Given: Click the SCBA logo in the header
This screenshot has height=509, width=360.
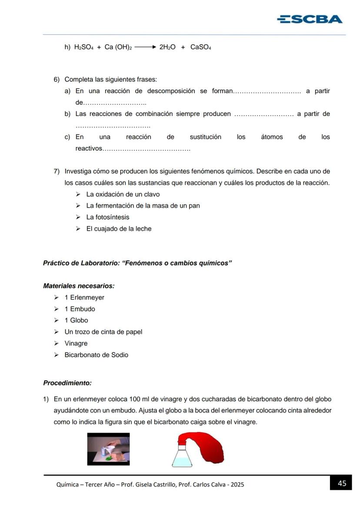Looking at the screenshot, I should click(x=310, y=19).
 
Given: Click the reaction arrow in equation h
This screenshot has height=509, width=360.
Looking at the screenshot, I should click(x=145, y=47).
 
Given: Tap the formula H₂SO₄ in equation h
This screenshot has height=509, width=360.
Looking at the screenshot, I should click(x=84, y=47).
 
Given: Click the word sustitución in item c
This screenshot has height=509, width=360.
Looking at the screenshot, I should click(x=205, y=137).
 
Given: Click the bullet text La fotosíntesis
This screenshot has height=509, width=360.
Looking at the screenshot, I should click(x=107, y=217).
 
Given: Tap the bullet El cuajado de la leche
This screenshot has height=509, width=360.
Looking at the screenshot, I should click(x=119, y=229).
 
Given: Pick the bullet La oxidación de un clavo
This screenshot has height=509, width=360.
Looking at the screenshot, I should click(x=123, y=194).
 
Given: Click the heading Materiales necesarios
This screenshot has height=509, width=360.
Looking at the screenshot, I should click(x=79, y=286).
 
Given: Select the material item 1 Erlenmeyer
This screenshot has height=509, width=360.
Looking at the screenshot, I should click(x=84, y=297).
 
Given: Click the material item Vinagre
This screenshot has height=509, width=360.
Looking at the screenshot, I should click(x=76, y=343).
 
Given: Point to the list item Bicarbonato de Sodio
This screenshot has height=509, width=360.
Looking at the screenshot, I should click(x=96, y=355).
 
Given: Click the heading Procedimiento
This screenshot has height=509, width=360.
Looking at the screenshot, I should click(x=67, y=383).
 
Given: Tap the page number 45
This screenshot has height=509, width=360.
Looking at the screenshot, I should click(x=342, y=483).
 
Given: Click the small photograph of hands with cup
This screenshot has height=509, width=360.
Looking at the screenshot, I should click(x=108, y=449).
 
